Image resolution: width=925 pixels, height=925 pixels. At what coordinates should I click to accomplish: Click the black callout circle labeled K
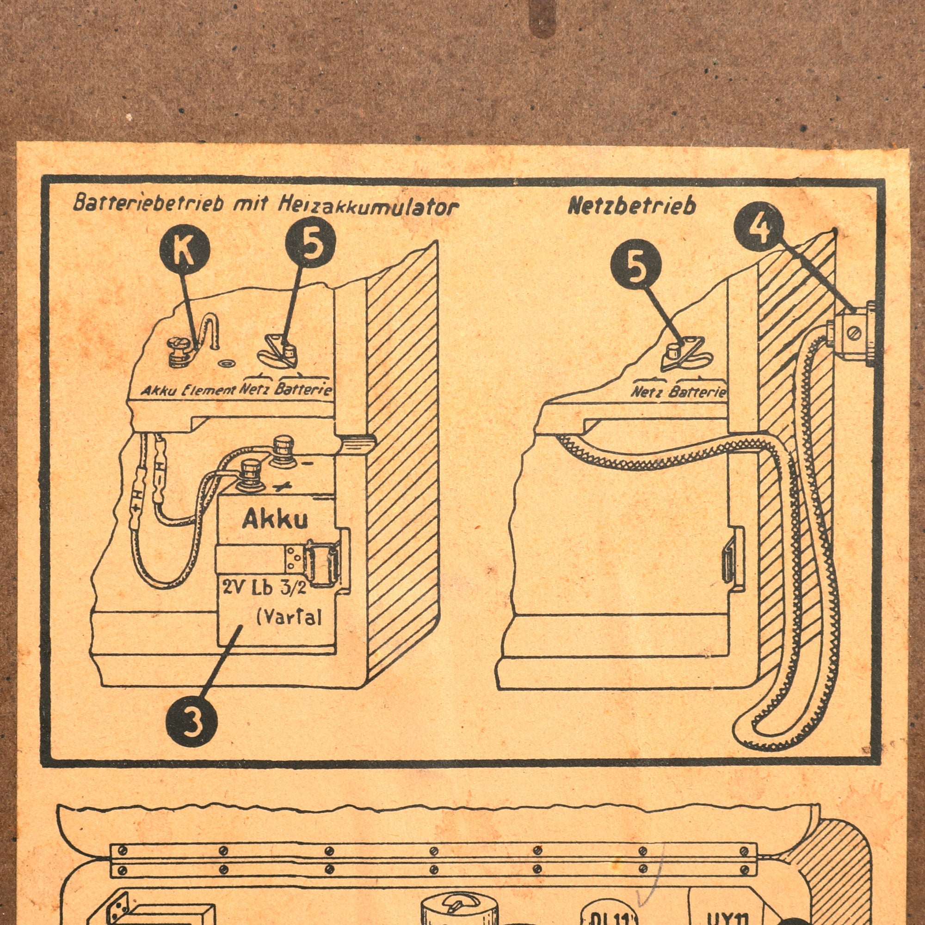[x=185, y=249]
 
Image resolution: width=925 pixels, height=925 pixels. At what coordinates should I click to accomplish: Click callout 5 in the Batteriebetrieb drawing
[x=310, y=243]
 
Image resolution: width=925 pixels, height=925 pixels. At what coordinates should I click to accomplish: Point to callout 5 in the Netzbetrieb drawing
[x=636, y=266]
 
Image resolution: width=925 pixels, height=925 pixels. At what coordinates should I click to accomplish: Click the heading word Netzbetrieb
[x=631, y=206]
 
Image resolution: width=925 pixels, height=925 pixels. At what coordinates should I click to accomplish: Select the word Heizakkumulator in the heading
[x=368, y=207]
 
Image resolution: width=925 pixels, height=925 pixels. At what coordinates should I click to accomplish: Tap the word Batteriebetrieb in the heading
[x=149, y=203]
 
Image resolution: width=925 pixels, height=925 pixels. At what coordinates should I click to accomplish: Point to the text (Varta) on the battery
[x=289, y=618]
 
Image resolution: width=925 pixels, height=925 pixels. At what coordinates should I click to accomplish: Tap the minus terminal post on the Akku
[x=284, y=450]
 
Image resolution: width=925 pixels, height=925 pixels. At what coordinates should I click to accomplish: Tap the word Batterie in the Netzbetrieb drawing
[x=697, y=393]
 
